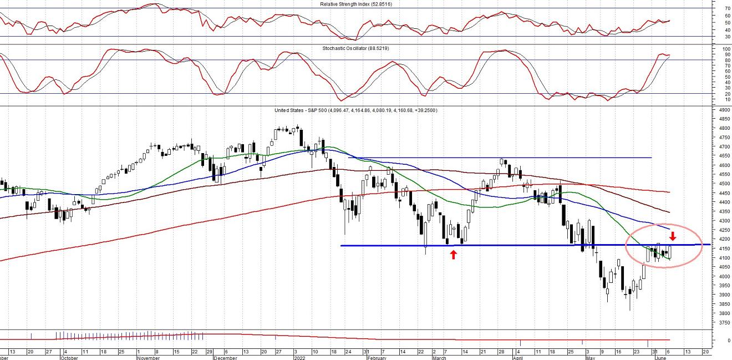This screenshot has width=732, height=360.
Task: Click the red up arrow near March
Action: (454, 255)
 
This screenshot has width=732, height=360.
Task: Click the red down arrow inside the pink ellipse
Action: (673, 235)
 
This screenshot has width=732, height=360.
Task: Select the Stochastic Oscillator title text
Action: (355, 48)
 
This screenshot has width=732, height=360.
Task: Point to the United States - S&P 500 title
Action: (355, 110)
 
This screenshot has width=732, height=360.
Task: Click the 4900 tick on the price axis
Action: (724, 110)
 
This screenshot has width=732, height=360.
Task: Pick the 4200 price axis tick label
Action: (724, 239)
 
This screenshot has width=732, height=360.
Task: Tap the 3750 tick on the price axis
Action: (724, 322)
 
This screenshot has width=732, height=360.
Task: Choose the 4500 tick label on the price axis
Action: (724, 184)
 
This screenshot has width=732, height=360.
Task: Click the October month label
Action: (69, 358)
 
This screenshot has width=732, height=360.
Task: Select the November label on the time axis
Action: (149, 358)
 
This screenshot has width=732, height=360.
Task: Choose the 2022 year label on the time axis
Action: (300, 358)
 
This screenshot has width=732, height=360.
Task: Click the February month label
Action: (377, 358)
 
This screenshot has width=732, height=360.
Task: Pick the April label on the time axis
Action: (518, 358)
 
